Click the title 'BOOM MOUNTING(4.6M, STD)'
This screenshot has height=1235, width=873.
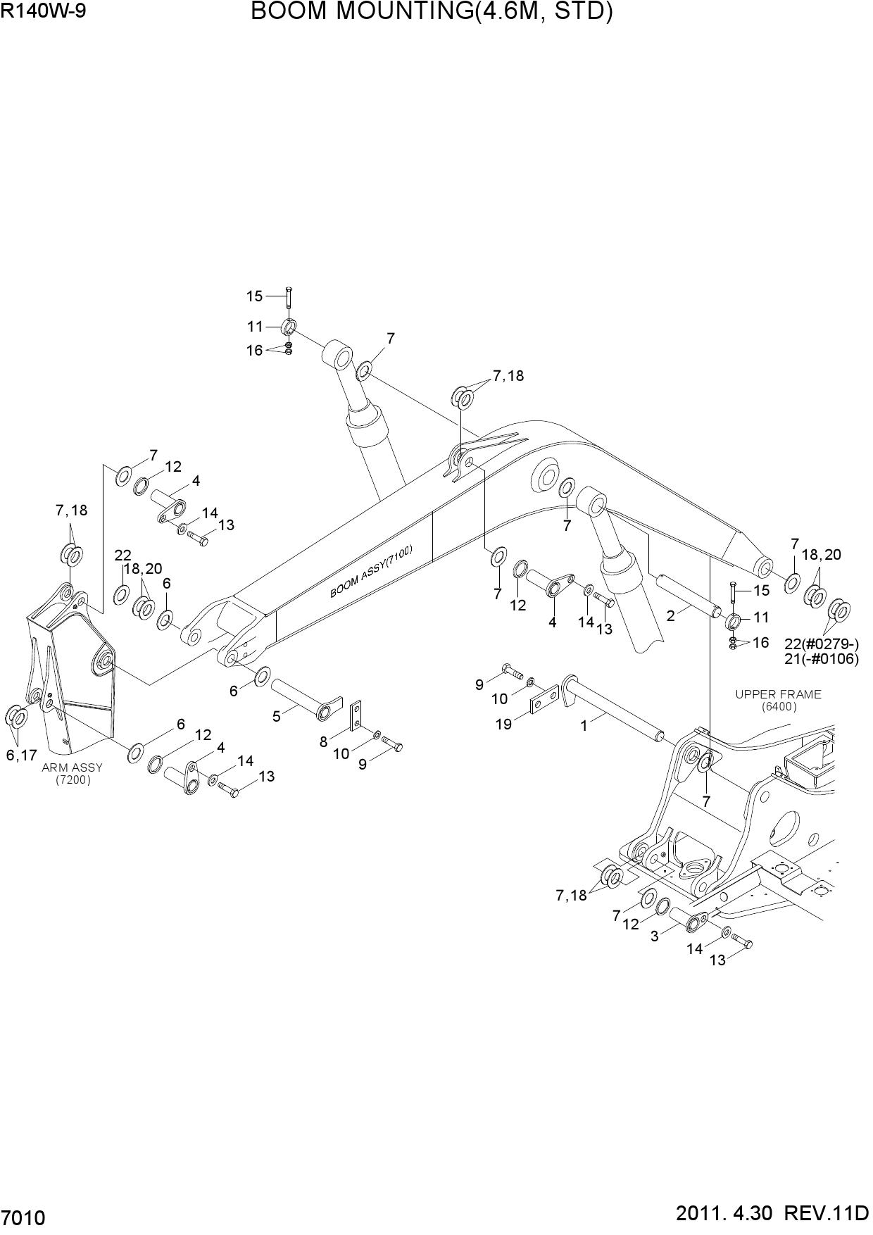point(431,12)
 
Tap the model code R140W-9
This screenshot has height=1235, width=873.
point(44,11)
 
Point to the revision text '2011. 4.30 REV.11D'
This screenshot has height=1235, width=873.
point(772,1214)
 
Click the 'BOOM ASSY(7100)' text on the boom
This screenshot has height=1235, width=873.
point(372,572)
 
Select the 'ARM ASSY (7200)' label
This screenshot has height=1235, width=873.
point(72,773)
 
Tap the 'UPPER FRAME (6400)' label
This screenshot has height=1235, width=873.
point(778,700)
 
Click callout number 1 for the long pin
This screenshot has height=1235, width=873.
point(584,726)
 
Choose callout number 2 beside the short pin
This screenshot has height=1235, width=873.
point(670,616)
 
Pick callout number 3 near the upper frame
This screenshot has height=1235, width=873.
point(654,936)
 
